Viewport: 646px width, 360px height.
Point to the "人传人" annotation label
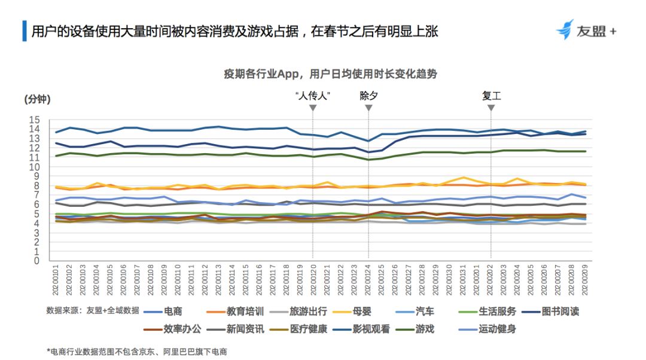[313, 96]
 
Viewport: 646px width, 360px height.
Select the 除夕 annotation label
[368, 96]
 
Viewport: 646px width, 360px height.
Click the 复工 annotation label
[491, 96]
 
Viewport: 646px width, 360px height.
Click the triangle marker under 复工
[491, 108]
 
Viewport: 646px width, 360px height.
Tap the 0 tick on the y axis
[36, 261]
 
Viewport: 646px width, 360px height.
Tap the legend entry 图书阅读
[560, 311]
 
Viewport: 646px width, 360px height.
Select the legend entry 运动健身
[498, 329]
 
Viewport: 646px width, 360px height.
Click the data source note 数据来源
[93, 310]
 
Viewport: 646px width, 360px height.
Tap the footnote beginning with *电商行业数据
[137, 352]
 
